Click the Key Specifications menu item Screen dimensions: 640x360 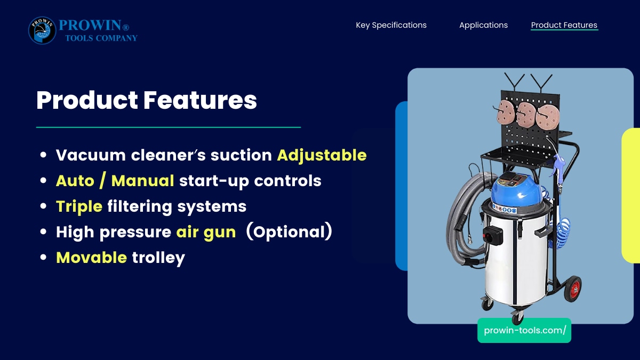(391, 25)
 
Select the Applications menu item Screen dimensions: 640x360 (483, 25)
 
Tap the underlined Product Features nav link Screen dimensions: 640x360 (564, 25)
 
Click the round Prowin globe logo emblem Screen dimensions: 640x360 (42, 30)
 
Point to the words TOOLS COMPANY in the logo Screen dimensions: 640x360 (101, 38)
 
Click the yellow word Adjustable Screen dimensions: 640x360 (322, 155)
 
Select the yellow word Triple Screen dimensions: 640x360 (79, 206)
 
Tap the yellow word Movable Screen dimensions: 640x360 (91, 258)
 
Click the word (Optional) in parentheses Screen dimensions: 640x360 (289, 231)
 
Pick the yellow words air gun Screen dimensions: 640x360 (206, 232)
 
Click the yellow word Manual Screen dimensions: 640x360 (142, 181)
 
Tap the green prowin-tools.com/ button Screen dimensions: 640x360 (524, 330)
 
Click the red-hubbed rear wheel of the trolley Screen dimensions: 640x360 (573, 289)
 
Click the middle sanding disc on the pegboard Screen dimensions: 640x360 (526, 115)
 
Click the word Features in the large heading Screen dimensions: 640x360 (200, 100)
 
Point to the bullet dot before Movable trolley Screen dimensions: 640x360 (43, 257)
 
